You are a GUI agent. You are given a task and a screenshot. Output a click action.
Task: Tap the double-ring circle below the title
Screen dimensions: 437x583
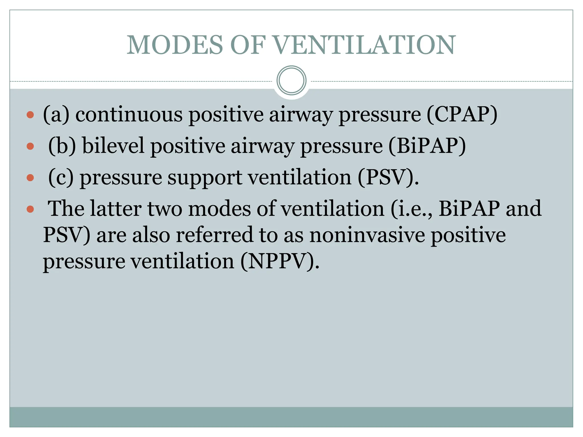pyautogui.click(x=291, y=81)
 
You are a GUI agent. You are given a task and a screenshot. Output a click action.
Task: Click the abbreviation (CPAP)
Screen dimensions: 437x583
pyautogui.click(x=462, y=114)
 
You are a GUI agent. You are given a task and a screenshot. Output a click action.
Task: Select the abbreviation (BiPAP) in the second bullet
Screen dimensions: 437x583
pyautogui.click(x=427, y=146)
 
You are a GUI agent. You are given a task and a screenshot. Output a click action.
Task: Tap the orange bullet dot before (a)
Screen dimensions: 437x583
pyautogui.click(x=30, y=115)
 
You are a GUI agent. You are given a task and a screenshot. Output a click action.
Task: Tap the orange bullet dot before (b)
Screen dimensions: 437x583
pyautogui.click(x=30, y=147)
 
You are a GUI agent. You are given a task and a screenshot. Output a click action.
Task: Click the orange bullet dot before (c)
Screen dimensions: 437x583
pyautogui.click(x=30, y=178)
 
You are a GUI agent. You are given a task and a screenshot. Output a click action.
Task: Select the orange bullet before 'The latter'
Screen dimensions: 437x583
pyautogui.click(x=30, y=210)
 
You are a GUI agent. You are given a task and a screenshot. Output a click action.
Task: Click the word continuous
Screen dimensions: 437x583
pyautogui.click(x=129, y=114)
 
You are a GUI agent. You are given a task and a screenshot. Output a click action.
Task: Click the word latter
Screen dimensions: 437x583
pyautogui.click(x=116, y=209)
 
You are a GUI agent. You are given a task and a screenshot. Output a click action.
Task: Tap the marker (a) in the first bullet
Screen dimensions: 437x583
pyautogui.click(x=56, y=114)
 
